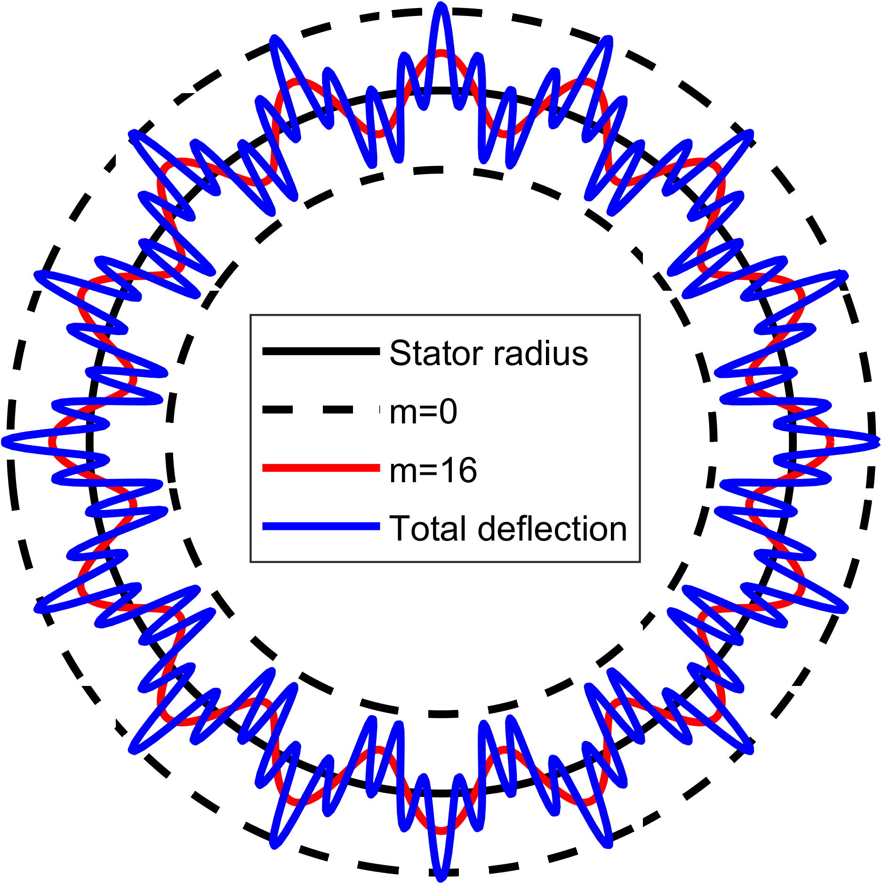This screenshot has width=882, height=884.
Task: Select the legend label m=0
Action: click(x=423, y=412)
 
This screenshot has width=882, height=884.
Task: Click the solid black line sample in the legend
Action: click(x=321, y=351)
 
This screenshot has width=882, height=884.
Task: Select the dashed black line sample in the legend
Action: click(x=321, y=410)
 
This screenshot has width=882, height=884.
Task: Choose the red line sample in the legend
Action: click(x=321, y=468)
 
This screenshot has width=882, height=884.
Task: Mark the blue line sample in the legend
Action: click(x=321, y=526)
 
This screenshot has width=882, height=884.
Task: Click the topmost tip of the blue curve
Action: click(x=441, y=6)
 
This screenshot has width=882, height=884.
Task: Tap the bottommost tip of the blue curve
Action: click(x=441, y=878)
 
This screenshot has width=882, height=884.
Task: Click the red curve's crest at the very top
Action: click(x=441, y=53)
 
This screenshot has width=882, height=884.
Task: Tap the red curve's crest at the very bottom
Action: click(x=441, y=831)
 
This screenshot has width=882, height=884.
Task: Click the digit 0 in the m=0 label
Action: click(x=447, y=412)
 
